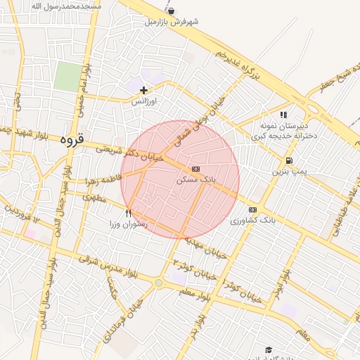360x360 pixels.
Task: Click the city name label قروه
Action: coord(72,139)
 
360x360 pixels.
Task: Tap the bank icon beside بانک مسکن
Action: coord(195,169)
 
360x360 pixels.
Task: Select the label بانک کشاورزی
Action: coord(253,221)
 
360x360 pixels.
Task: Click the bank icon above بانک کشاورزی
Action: coord(252,210)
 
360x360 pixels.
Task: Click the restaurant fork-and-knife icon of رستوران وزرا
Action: coord(128,212)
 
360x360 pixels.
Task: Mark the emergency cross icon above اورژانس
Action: coord(144,90)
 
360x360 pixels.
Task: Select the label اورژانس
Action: coord(144,101)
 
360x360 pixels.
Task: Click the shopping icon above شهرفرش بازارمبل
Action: coord(172,11)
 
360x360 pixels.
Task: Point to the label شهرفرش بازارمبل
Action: coord(172,22)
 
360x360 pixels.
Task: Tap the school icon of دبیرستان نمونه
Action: coord(284,115)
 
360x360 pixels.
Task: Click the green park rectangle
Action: coord(68,76)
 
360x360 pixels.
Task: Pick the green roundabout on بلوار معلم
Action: coord(159,283)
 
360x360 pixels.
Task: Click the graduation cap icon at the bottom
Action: coord(269,349)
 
